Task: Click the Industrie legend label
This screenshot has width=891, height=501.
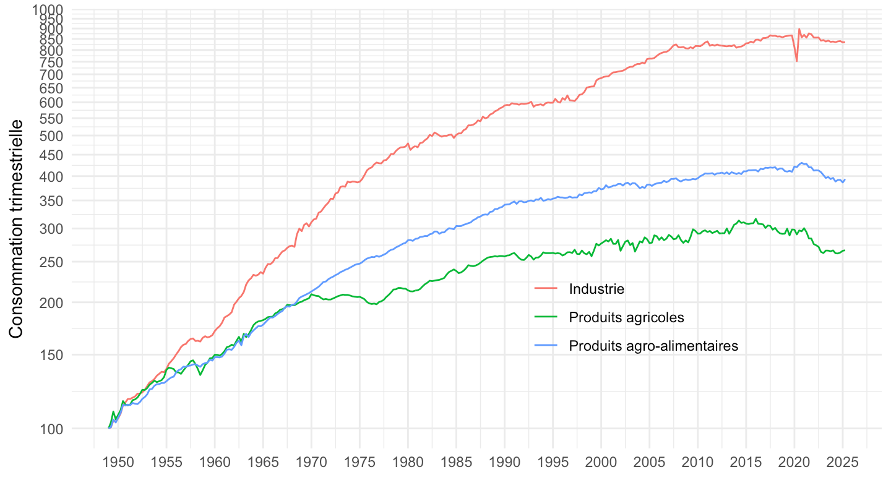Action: pos(596,289)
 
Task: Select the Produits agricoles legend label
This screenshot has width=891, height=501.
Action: pos(626,317)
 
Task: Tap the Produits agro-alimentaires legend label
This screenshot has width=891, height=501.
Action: pos(653,346)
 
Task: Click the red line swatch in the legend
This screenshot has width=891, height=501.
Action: pos(545,289)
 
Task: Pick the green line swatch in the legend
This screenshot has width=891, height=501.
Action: pos(545,317)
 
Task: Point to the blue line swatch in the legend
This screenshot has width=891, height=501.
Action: pos(545,346)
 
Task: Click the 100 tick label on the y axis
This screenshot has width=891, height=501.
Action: pos(52,429)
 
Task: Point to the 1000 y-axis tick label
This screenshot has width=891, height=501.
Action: pos(49,10)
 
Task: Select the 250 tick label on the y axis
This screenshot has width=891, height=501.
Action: pos(52,262)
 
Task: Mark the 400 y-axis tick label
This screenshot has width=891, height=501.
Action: pos(52,176)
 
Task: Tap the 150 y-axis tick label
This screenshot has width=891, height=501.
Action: pos(52,355)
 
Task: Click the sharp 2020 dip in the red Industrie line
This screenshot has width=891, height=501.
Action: pos(796,60)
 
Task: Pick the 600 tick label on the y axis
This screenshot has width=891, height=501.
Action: pos(52,103)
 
